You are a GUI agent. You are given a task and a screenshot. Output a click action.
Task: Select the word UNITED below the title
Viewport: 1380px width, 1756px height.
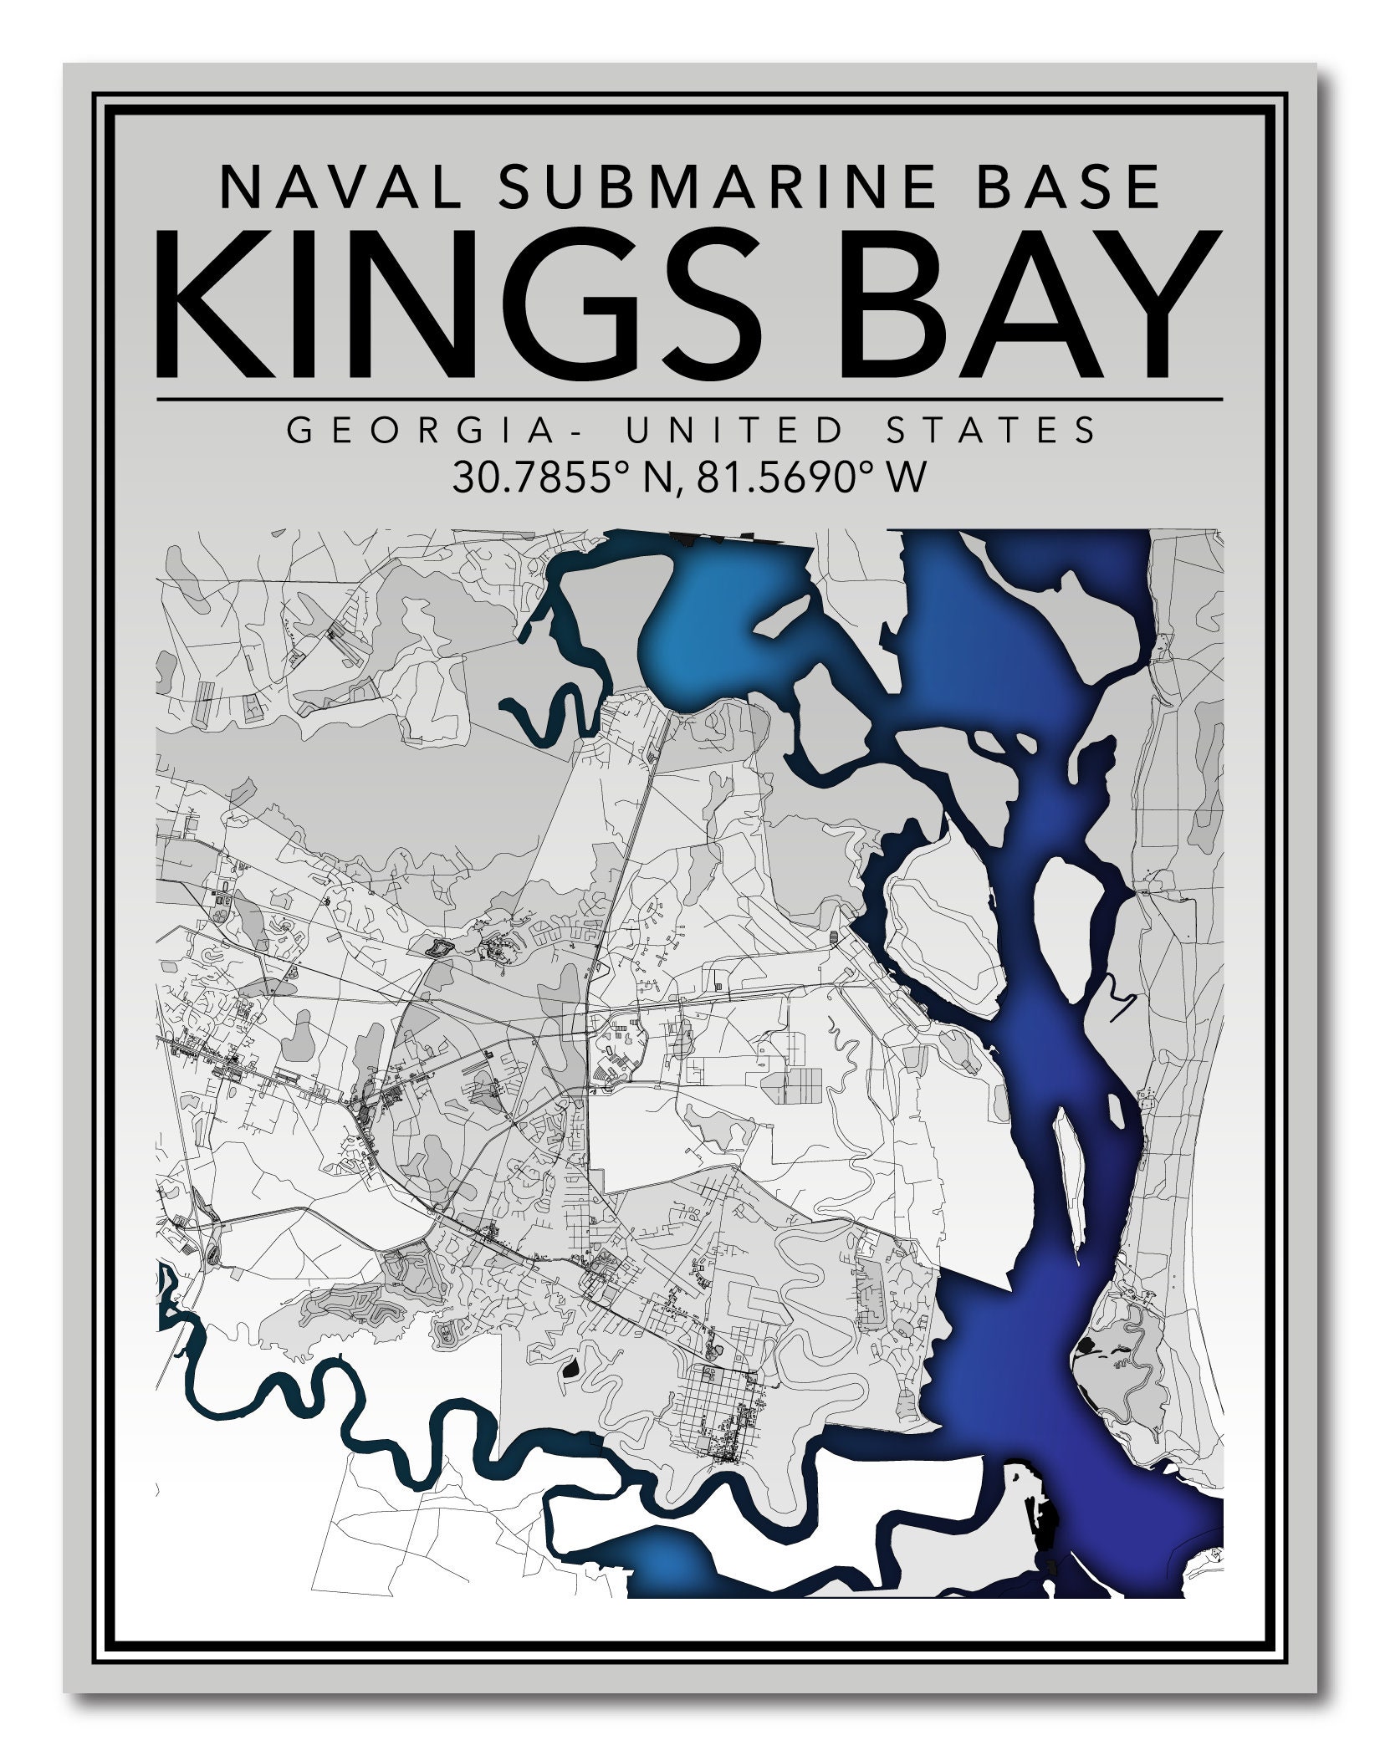pyautogui.click(x=736, y=431)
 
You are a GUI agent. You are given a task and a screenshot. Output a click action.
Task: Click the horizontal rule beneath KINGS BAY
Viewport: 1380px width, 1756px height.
pyautogui.click(x=689, y=400)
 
